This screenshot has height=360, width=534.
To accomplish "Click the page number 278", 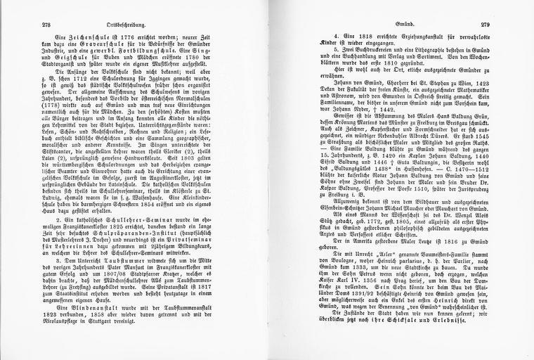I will tap(27, 24).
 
